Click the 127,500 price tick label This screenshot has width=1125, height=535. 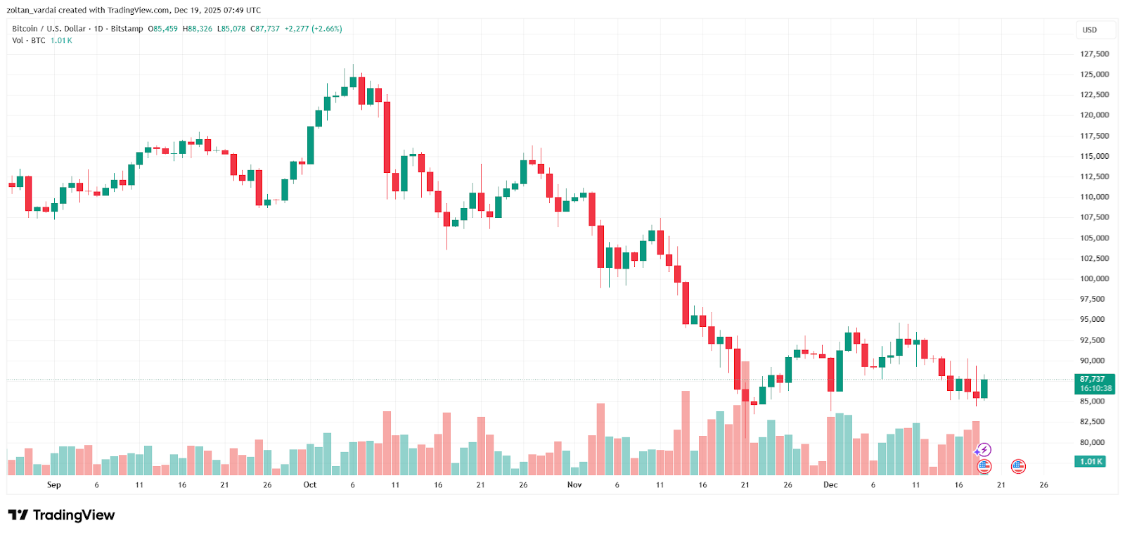click(x=1094, y=54)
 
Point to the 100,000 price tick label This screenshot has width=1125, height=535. click(x=1094, y=279)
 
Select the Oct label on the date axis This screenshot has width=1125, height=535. click(x=309, y=485)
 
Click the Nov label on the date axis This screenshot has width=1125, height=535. click(x=574, y=485)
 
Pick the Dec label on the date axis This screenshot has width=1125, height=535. click(x=830, y=485)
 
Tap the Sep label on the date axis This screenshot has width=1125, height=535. click(x=54, y=485)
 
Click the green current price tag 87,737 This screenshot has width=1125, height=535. click(x=1095, y=384)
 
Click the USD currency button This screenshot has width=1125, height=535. click(x=1089, y=30)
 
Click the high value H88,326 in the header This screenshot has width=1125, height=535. click(x=198, y=29)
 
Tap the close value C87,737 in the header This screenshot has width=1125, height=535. click(x=265, y=29)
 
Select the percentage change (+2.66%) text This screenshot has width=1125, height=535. click(x=327, y=29)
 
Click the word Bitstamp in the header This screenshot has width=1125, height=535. click(x=127, y=29)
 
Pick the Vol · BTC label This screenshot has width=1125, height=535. click(x=29, y=41)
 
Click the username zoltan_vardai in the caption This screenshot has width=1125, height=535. click(x=31, y=11)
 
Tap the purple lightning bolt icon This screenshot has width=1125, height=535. click(x=984, y=450)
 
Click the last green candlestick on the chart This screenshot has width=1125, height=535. click(x=984, y=389)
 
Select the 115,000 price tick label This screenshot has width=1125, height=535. click(x=1094, y=157)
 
